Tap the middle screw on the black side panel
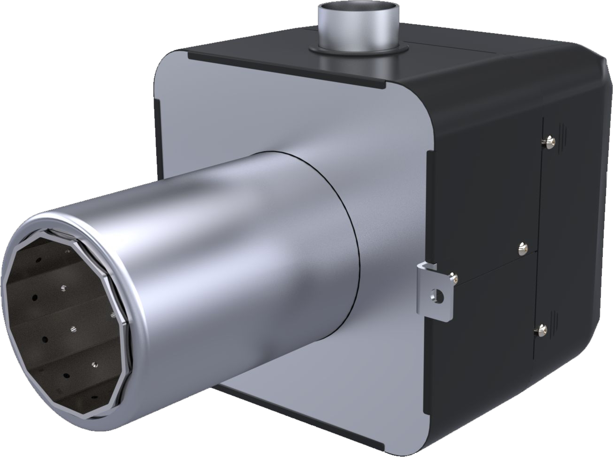523,247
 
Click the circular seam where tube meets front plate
346,197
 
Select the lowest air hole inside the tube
93,397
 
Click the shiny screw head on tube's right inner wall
112,315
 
